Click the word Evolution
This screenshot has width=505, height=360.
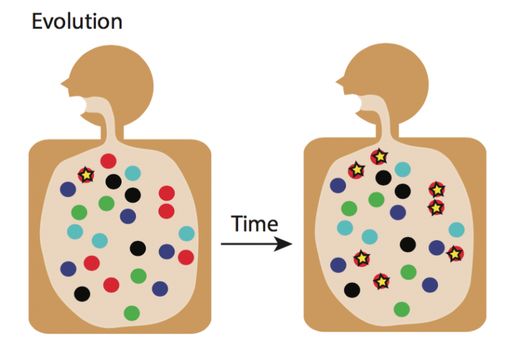point(77,22)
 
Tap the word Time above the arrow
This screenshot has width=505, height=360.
point(254,224)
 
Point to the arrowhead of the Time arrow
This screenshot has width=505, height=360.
point(283,244)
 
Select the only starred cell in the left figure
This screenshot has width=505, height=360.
point(86,175)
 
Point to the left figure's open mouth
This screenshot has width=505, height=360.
point(83,105)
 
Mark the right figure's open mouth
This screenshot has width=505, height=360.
point(358,103)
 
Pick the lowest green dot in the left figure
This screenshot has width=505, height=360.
point(132,313)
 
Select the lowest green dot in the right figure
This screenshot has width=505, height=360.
point(402,309)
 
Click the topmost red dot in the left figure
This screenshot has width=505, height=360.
point(108,161)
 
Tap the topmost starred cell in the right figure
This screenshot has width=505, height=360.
point(379,157)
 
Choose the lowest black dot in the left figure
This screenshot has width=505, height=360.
point(82,294)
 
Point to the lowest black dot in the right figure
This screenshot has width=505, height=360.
point(352,290)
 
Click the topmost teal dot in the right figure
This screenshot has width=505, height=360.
point(402,169)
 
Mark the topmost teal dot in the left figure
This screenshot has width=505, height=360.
point(133,173)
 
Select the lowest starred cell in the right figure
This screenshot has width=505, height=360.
point(381,282)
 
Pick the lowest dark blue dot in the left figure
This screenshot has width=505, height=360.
point(160,289)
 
